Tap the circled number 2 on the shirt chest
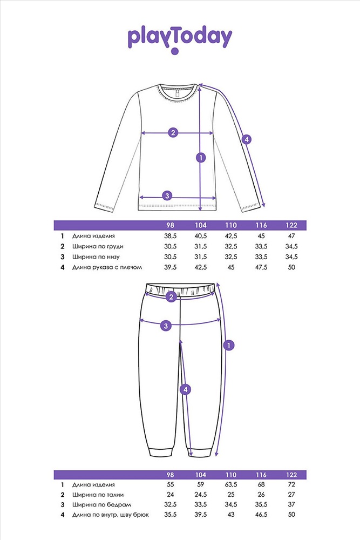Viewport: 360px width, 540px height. (173, 132)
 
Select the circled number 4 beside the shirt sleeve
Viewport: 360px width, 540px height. (246, 139)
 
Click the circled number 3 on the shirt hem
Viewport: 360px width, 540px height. (167, 196)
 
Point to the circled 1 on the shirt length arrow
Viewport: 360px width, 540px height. (201, 158)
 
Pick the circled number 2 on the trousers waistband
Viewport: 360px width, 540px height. (171, 297)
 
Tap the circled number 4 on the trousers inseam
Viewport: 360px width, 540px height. (186, 389)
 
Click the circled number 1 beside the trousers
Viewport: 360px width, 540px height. (229, 345)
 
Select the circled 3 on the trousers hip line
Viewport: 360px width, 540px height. (166, 326)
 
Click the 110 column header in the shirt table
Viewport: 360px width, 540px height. (231, 225)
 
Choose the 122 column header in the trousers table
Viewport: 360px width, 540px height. (291, 475)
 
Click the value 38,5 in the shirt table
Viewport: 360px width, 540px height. (171, 236)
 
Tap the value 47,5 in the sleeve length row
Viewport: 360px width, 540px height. (261, 267)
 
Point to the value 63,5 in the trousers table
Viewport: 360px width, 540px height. (231, 484)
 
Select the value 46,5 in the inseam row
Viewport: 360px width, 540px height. (261, 515)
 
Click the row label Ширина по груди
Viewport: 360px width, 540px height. (98, 247)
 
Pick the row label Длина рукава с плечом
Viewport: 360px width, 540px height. (107, 267)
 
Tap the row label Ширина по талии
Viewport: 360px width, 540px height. (98, 495)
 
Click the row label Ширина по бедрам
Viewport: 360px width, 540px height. (101, 505)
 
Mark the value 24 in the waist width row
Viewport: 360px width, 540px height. (171, 495)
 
